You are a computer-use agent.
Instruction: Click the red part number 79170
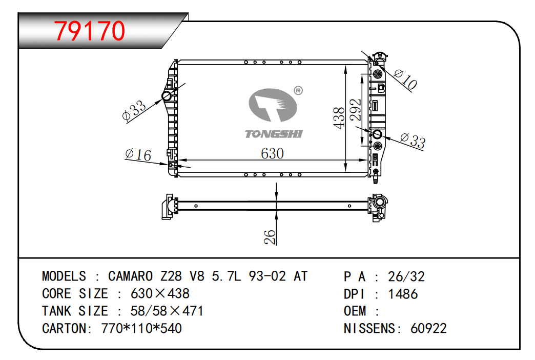tap(90, 31)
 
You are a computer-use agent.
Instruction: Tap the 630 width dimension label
tap(272, 154)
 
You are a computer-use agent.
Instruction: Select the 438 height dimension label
tap(339, 118)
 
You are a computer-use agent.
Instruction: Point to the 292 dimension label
tap(355, 110)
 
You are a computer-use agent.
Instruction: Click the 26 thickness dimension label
tap(270, 237)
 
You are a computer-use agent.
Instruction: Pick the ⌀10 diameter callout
tap(405, 79)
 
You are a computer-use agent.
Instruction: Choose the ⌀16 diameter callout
tap(138, 155)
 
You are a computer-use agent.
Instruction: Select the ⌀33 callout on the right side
tap(413, 141)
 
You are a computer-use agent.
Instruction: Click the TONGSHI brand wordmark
tap(274, 134)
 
